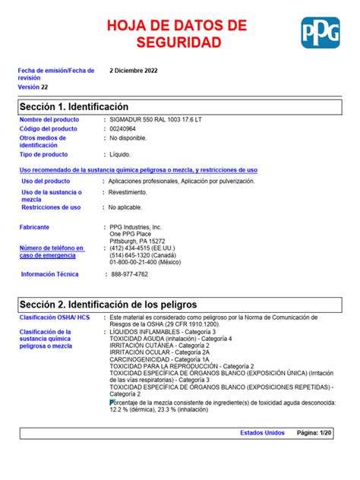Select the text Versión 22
(33, 87)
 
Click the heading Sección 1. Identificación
(74, 106)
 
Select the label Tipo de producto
(43, 154)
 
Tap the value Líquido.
(121, 154)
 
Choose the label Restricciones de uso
(51, 207)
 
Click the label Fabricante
(35, 227)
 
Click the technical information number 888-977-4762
(130, 274)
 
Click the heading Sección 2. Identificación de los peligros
(108, 304)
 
